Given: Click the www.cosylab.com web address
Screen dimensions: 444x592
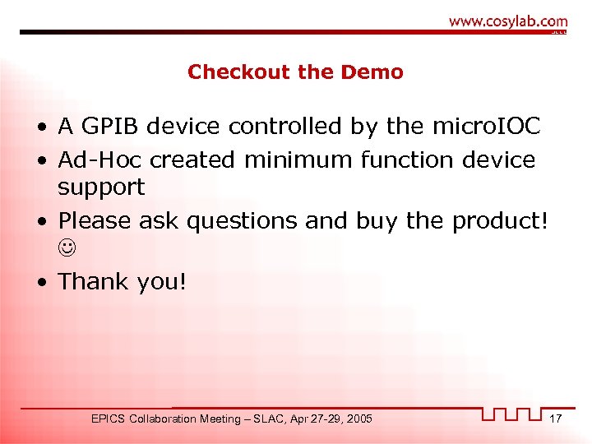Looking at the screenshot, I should coord(508,22).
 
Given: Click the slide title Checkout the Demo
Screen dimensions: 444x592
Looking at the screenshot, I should coord(295,72).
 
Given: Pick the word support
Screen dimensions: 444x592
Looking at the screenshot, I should coord(100,187).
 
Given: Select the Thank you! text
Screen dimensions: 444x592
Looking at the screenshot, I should coord(123,282).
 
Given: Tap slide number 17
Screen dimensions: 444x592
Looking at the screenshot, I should coord(556,419).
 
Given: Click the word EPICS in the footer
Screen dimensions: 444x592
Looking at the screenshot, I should coord(108,419).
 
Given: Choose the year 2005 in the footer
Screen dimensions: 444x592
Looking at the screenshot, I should coord(358,419).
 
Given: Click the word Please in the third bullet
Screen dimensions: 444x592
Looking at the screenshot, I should coord(95,221).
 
